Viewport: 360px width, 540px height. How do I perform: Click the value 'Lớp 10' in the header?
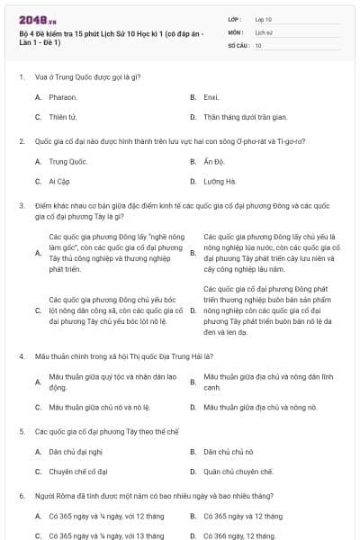[x=263, y=18]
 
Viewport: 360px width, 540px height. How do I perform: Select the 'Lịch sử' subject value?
[x=264, y=31]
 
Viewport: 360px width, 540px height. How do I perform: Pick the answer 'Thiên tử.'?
[x=63, y=117]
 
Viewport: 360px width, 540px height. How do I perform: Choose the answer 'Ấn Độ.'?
[x=214, y=161]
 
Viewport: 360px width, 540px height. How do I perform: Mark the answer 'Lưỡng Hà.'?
[x=220, y=181]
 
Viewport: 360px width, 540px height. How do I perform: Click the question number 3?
[x=21, y=205]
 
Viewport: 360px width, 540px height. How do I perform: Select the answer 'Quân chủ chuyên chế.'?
[x=238, y=471]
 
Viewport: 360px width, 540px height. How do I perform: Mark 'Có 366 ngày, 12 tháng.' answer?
[x=240, y=535]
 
